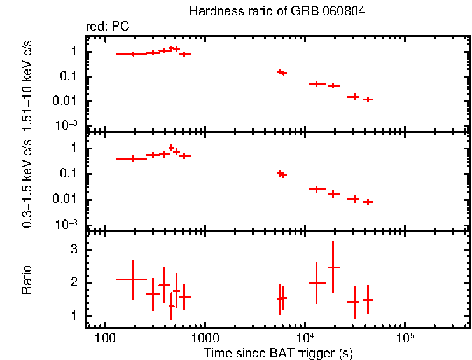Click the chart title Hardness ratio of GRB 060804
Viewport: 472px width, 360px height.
[x=277, y=11]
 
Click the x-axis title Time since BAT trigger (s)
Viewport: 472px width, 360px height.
[x=278, y=352]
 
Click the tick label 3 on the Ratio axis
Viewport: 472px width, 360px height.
[x=74, y=249]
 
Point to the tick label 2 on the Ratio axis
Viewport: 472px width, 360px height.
[x=74, y=282]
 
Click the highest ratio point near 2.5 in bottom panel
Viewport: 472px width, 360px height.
[x=333, y=267]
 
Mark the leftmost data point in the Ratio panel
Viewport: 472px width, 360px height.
[x=133, y=279]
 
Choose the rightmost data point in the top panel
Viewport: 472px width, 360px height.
[x=368, y=99]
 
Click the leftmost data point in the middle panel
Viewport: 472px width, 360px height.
[x=133, y=158]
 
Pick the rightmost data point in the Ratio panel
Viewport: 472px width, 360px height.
[x=368, y=300]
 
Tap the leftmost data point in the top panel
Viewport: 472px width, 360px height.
[x=133, y=54]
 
